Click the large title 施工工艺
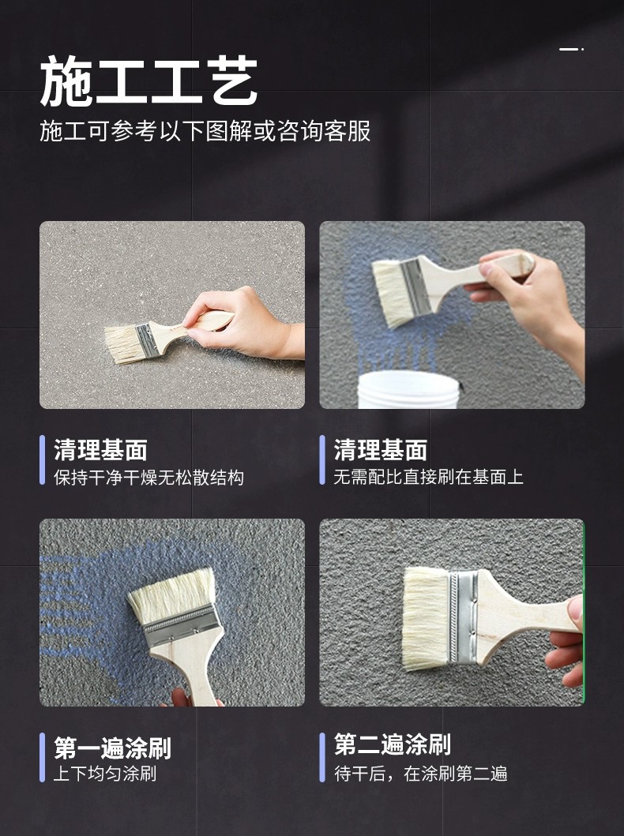[x=148, y=81]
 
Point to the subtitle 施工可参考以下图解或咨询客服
[x=205, y=130]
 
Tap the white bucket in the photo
[x=408, y=389]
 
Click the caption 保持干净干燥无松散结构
[x=148, y=477]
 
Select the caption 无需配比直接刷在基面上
[x=428, y=477]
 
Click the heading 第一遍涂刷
[x=112, y=748]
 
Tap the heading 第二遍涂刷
[x=393, y=744]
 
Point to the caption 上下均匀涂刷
[x=105, y=773]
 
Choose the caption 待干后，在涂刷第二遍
[x=421, y=773]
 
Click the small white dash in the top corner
[x=571, y=49]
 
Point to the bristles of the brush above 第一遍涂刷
[x=171, y=594]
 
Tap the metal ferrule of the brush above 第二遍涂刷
[x=462, y=617]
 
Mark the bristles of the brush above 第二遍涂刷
[x=425, y=618]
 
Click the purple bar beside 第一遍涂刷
[x=42, y=758]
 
